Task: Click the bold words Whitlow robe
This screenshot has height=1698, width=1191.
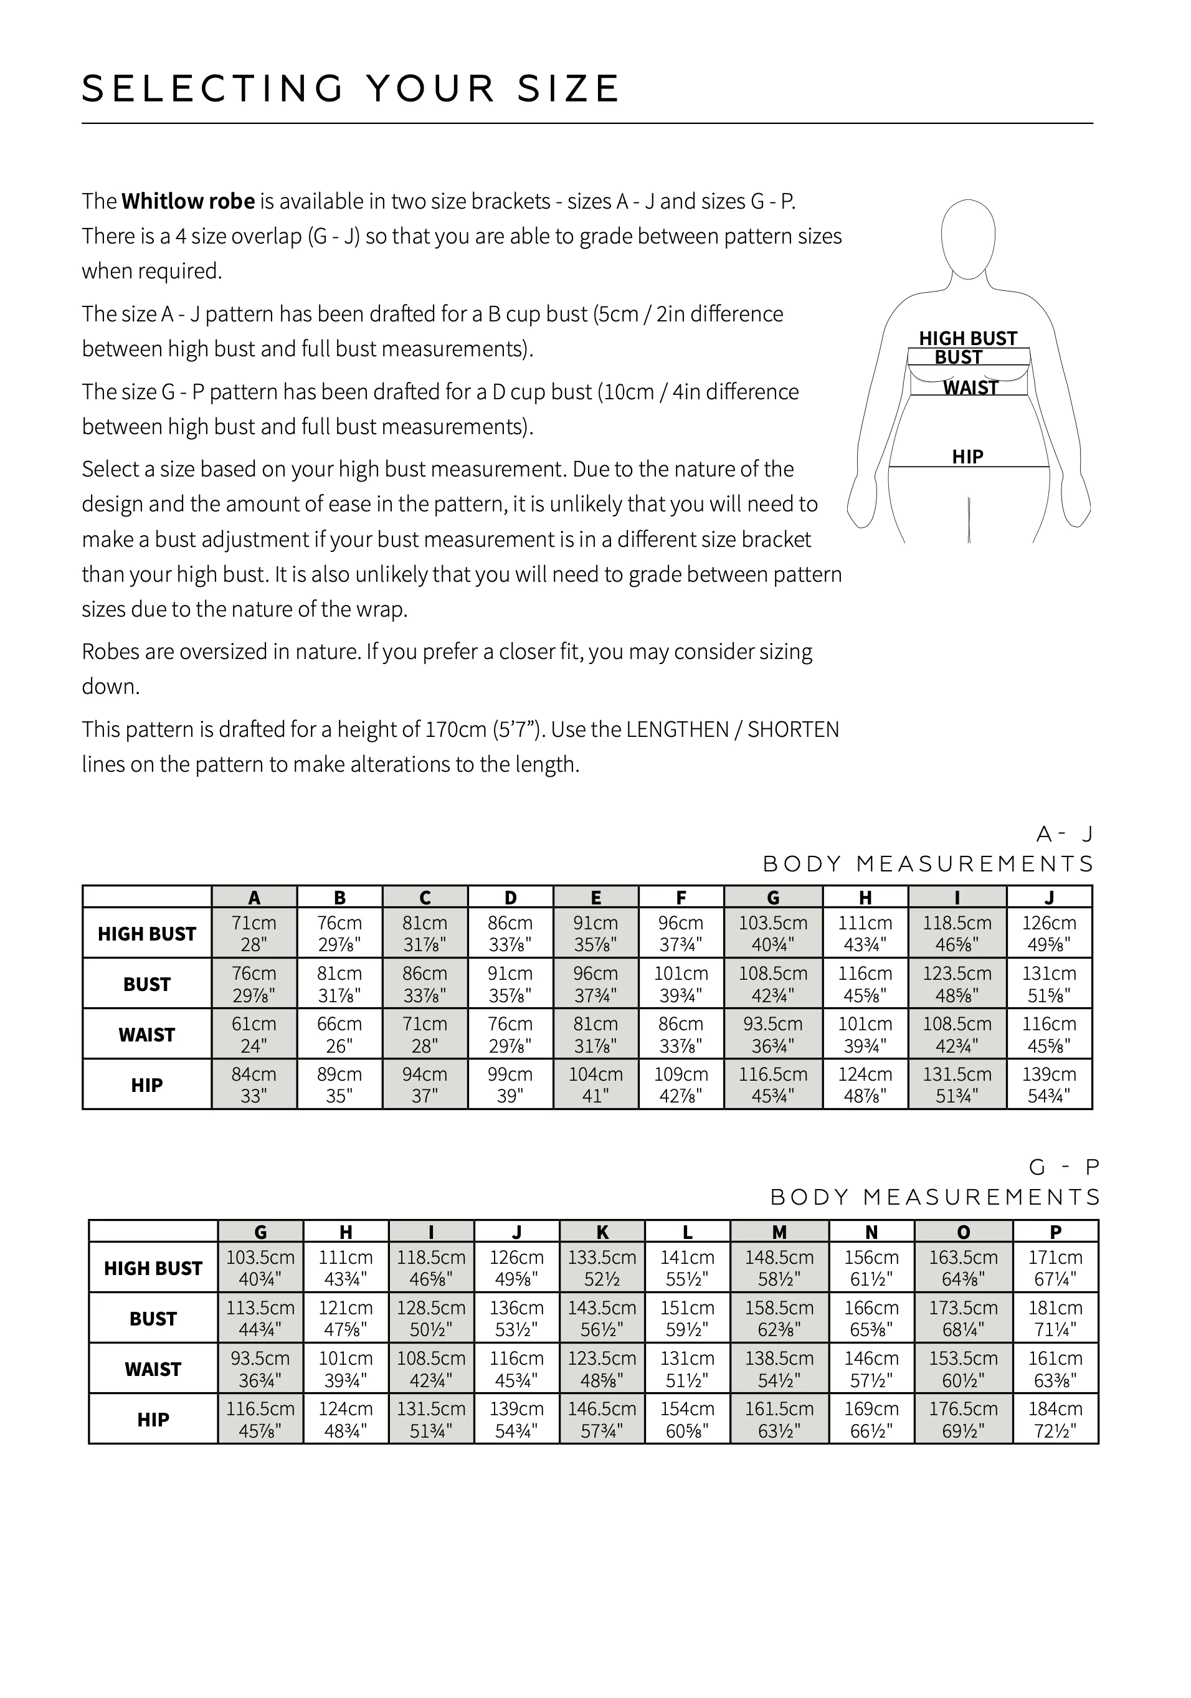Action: point(188,201)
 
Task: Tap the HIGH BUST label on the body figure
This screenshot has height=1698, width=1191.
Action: point(967,338)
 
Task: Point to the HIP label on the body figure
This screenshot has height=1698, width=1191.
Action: point(967,457)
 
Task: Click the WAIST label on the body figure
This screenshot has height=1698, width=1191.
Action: point(970,387)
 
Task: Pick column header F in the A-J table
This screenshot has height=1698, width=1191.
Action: point(681,898)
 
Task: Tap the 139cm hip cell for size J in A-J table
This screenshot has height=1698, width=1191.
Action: point(1049,1084)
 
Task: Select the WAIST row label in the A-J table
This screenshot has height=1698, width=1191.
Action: point(146,1035)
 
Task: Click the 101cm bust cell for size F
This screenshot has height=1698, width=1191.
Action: point(681,984)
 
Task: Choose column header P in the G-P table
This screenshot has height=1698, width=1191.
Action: point(1056,1232)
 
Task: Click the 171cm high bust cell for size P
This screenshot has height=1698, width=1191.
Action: point(1056,1268)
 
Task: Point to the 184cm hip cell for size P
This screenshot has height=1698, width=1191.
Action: point(1056,1419)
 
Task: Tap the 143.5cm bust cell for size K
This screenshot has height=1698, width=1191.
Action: point(602,1318)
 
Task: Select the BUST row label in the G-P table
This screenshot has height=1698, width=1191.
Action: point(153,1319)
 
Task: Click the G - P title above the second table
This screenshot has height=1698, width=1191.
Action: point(1065,1168)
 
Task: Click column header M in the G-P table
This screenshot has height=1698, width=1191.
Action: point(779,1232)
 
